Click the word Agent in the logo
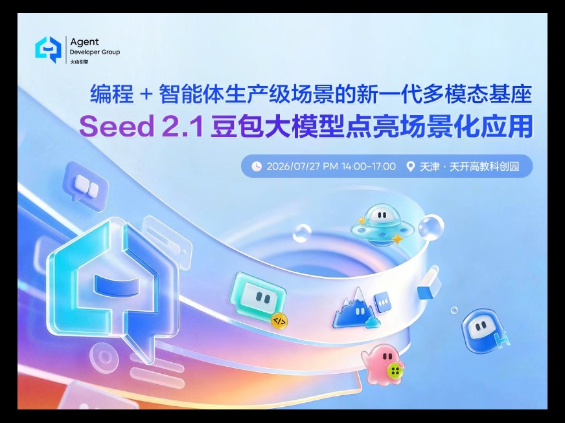click(84, 43)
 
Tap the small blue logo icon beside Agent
click(49, 50)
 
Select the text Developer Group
click(95, 52)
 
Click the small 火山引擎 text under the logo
click(79, 61)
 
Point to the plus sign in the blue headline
click(146, 94)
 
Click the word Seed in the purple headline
click(117, 126)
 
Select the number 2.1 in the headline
click(183, 126)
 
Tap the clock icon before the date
click(256, 166)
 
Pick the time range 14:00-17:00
click(368, 166)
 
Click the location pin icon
click(410, 166)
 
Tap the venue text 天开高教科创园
click(484, 166)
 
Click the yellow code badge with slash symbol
click(279, 321)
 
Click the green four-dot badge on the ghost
click(395, 371)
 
